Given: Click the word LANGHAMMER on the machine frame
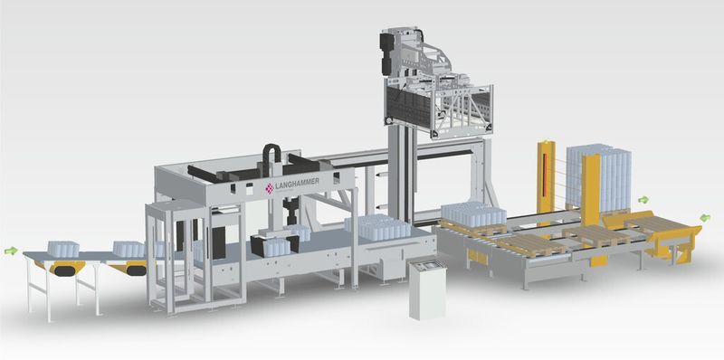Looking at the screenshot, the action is click(x=297, y=184).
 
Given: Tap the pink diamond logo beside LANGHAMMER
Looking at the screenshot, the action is click(x=269, y=188).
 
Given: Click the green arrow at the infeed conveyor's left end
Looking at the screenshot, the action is click(x=11, y=251).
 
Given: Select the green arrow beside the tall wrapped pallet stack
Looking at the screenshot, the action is click(x=643, y=200).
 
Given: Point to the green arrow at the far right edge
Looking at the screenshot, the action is click(x=705, y=217).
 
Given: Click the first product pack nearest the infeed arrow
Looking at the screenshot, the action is click(x=63, y=249).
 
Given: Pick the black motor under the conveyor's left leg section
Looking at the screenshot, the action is click(x=64, y=270).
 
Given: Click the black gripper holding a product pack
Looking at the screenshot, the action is click(x=274, y=244).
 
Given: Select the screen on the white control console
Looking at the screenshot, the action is click(x=425, y=265).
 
